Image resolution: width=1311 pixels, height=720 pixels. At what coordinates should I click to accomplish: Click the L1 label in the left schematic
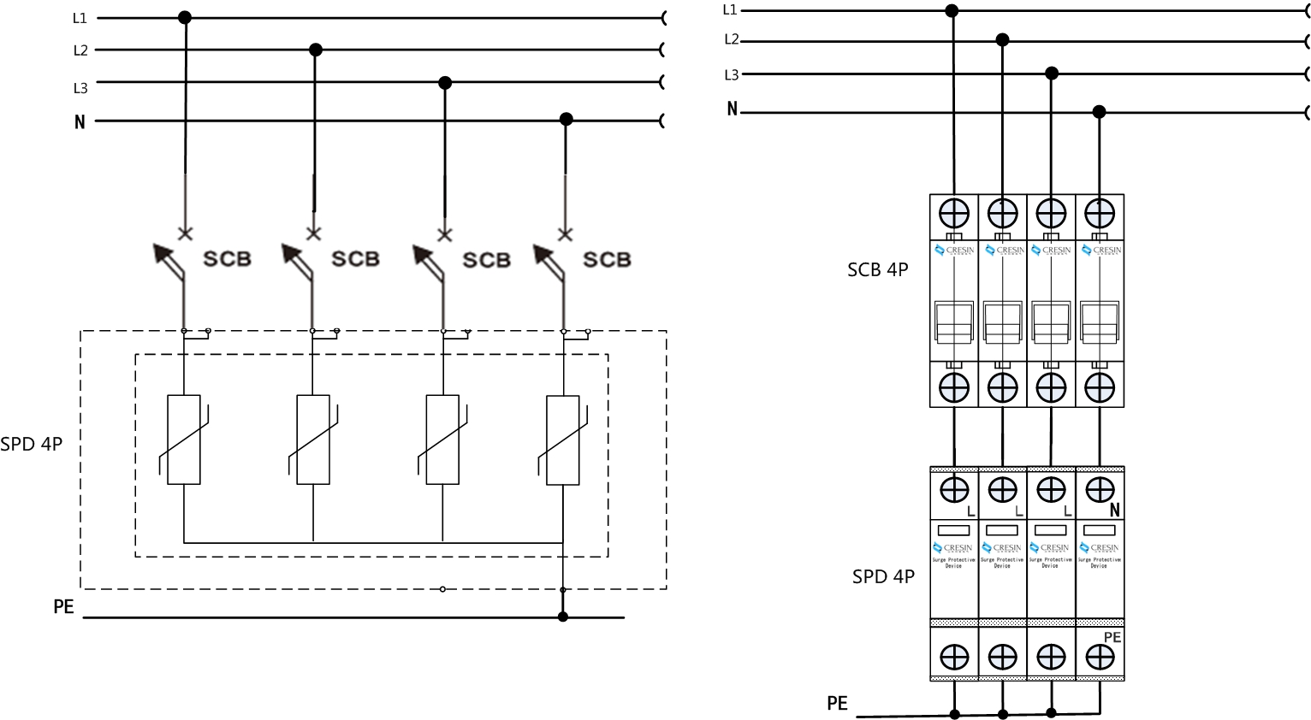coord(80,18)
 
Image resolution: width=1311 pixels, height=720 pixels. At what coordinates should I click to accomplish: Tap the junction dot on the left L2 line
coord(315,50)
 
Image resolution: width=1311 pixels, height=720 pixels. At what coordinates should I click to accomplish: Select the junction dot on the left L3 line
coord(444,83)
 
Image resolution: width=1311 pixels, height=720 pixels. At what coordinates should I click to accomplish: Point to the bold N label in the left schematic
coord(80,121)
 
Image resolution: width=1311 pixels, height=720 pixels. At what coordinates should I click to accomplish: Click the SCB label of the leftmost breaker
coord(227,258)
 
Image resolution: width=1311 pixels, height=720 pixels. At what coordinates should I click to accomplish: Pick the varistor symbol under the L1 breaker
coord(184,440)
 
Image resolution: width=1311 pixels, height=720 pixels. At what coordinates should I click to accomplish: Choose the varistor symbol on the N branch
coord(562,440)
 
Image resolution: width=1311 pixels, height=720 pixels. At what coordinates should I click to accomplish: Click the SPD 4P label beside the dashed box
coord(32,444)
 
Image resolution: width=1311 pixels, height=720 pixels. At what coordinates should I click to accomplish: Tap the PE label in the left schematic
coord(63,607)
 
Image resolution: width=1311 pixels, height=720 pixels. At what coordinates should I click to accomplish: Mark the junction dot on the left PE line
coord(562,617)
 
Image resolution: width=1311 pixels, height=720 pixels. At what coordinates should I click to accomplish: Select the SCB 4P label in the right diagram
coord(877,269)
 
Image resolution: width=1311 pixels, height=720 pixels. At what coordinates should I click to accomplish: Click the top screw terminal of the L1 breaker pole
coord(954,212)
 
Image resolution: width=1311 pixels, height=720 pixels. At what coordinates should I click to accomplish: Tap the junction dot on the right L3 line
coord(1052,74)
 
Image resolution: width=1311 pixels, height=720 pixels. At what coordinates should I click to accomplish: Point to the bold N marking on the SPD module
coord(1114,510)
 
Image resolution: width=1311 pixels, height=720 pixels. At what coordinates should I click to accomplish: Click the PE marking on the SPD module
coord(1112,637)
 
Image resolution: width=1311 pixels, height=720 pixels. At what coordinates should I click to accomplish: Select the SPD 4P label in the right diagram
coord(883,576)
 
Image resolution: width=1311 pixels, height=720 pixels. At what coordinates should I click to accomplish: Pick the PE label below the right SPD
coord(837,703)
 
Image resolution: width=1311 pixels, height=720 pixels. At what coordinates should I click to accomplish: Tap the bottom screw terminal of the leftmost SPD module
coord(954,657)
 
